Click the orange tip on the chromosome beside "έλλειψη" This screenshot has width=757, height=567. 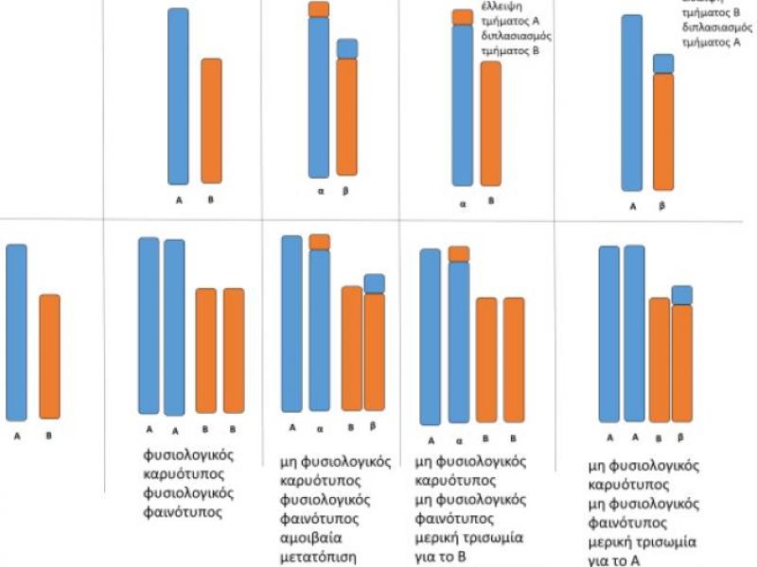point(462,17)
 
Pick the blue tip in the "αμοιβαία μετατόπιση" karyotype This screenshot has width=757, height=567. point(374,283)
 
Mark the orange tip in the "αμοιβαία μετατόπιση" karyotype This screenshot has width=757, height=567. point(319,242)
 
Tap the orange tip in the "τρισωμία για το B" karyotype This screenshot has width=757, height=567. point(459,253)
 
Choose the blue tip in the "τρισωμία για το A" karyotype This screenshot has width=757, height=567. point(682,295)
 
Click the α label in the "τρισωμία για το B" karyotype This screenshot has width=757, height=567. point(459,440)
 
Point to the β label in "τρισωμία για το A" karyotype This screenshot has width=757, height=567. point(683,438)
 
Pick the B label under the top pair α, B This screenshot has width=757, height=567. point(491,200)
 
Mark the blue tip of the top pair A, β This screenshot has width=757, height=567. point(663,63)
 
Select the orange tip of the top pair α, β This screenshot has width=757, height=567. point(319,9)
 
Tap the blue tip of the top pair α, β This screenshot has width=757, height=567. point(347,48)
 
